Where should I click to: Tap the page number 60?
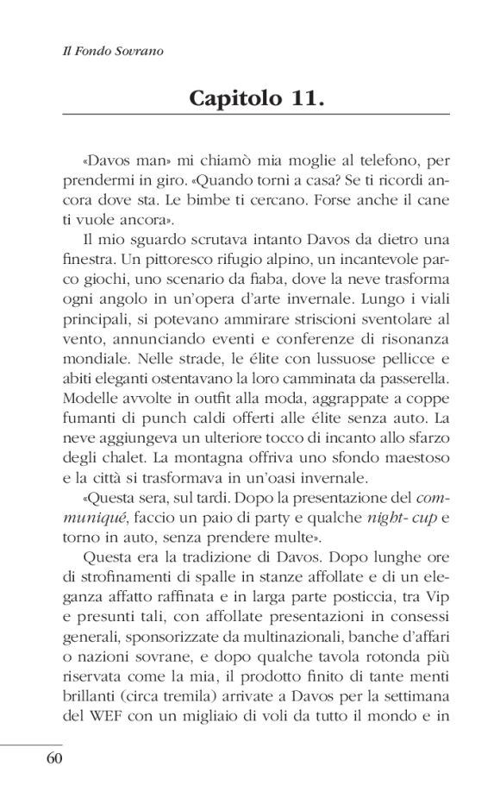(53, 759)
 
